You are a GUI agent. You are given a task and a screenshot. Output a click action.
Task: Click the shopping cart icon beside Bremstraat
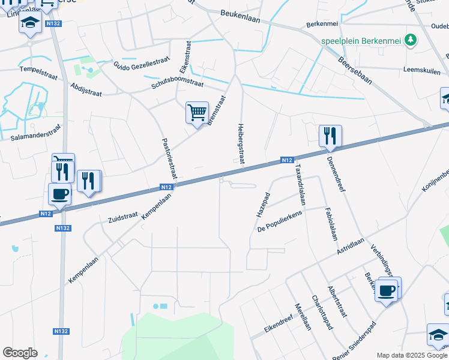point(197,113)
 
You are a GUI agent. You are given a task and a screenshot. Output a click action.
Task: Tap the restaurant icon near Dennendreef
point(330,136)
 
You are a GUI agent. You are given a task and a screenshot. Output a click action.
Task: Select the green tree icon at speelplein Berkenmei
point(411,40)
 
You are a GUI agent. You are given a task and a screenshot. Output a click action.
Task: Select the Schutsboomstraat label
point(177,85)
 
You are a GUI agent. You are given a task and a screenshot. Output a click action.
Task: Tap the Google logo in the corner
point(20,353)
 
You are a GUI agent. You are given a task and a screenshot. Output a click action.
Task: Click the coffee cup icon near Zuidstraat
point(59,194)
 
